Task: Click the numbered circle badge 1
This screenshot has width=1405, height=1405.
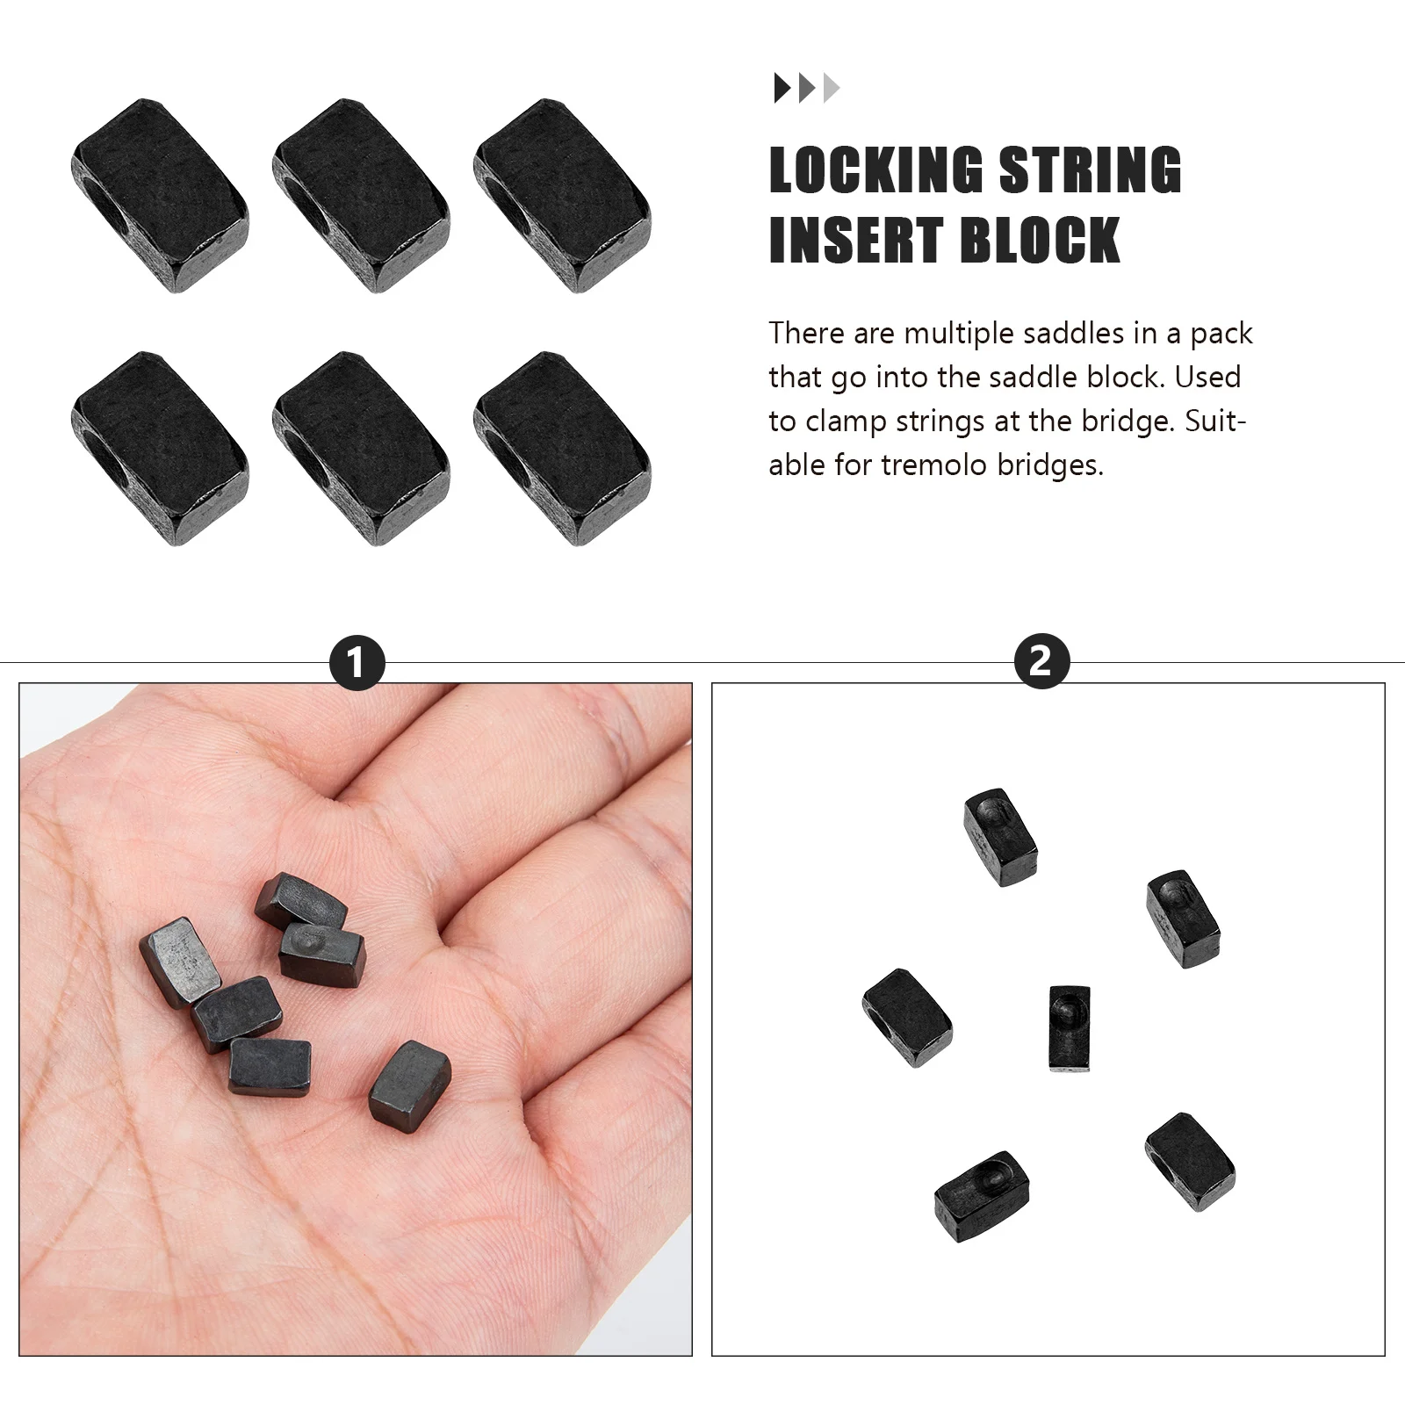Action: pos(357,662)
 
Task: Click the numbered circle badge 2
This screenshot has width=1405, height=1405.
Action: pos(1041,660)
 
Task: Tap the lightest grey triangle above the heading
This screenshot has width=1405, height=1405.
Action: pos(832,88)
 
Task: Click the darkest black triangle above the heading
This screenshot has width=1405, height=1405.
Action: pos(781,88)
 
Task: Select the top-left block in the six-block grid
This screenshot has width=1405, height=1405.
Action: pos(160,195)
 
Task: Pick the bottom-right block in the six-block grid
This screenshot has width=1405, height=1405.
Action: pos(562,449)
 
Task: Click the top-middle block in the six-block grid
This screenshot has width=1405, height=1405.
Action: pos(361,195)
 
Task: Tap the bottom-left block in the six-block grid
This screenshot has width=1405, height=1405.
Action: pos(160,449)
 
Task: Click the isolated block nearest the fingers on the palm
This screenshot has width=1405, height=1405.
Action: pos(410,1084)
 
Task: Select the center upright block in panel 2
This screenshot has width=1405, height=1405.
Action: pos(1070,1027)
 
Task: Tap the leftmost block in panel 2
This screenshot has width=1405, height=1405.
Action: pos(907,1018)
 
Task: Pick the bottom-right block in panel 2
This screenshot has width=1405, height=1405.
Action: pos(1190,1162)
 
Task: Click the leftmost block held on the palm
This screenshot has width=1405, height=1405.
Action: pos(180,961)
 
